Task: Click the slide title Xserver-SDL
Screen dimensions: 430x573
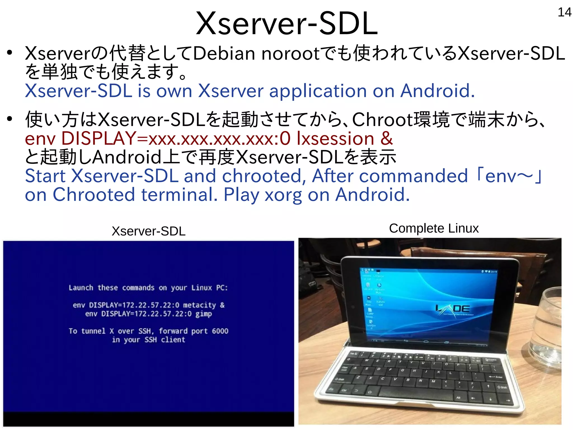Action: point(286,24)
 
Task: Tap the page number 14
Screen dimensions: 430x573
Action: point(564,12)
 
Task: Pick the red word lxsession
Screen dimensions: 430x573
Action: point(335,138)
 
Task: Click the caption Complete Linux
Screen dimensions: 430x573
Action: point(434,228)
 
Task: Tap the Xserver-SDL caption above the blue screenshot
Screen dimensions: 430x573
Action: point(149,231)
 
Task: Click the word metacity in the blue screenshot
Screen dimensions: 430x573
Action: point(199,305)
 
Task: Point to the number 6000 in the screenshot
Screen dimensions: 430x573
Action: point(220,331)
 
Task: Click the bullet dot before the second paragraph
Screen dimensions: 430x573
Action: point(10,119)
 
